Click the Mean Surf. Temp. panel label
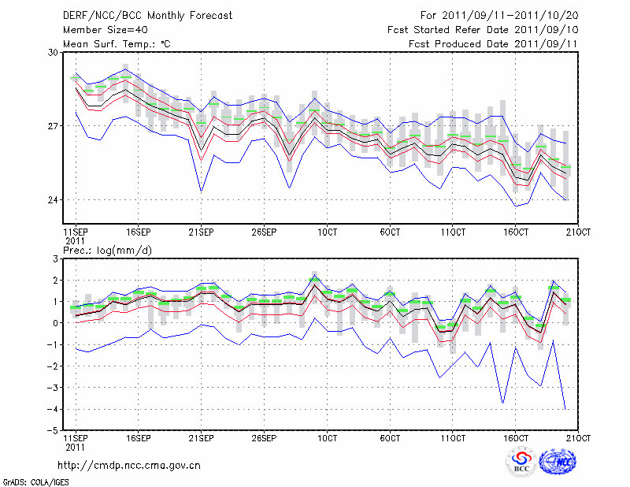117,44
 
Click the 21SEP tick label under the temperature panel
201,233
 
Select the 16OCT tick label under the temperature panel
516,233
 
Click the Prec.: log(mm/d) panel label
108,250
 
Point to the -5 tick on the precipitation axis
54,431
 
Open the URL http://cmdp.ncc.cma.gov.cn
130,466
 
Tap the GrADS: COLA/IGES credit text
35,481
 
